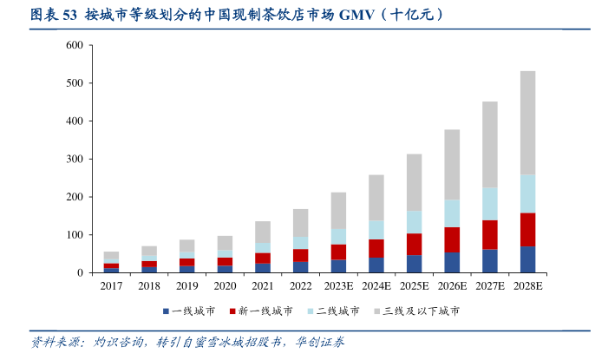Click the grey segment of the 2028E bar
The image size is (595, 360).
(527, 122)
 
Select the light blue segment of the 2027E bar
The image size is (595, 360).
(489, 204)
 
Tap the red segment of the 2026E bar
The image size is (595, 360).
(452, 239)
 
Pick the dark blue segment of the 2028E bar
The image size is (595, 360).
(527, 259)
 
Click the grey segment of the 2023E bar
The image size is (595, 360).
(338, 210)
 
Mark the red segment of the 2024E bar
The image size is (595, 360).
(376, 248)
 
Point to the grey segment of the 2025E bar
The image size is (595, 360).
(414, 182)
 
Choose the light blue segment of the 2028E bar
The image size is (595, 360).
(527, 193)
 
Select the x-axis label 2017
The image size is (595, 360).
(111, 285)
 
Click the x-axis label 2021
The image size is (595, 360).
(262, 285)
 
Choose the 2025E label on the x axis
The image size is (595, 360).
(414, 285)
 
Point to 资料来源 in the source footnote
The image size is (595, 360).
(49, 343)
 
